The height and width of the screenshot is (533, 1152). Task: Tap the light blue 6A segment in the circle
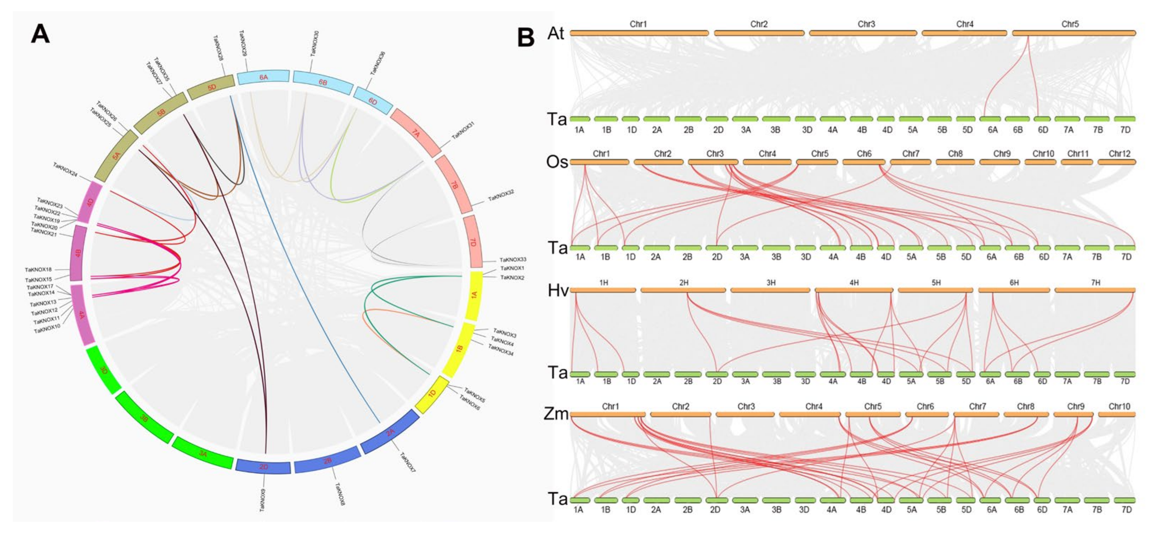click(x=263, y=77)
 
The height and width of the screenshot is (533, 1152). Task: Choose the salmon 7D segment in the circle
click(x=473, y=242)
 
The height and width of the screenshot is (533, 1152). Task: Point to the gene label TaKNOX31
click(x=463, y=131)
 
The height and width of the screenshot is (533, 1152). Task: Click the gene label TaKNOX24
click(x=65, y=170)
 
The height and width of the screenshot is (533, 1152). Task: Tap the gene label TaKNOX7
click(x=407, y=463)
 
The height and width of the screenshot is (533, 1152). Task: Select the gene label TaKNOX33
click(x=512, y=259)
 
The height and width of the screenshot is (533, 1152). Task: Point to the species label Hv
click(x=558, y=291)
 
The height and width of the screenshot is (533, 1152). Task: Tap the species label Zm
click(x=556, y=414)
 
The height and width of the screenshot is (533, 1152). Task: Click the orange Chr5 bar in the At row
click(x=1073, y=33)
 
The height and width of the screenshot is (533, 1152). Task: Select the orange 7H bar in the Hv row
click(x=1094, y=290)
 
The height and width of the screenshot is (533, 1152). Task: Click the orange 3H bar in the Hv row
click(x=770, y=290)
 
